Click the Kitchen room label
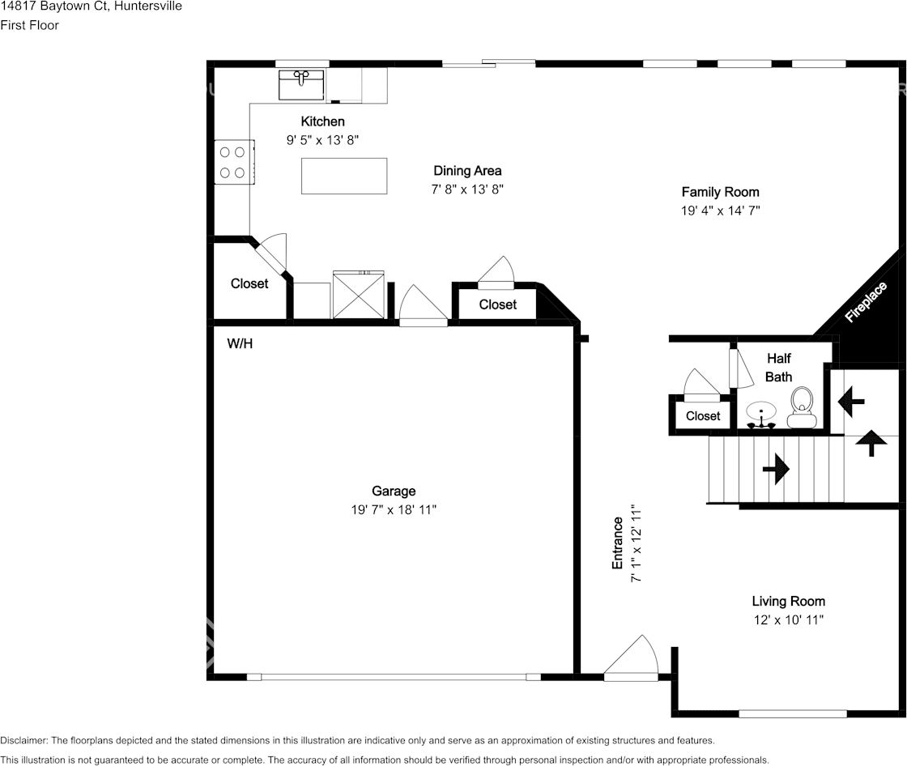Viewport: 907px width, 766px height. click(322, 121)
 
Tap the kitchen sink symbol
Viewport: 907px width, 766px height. click(301, 85)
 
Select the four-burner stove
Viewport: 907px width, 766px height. click(234, 162)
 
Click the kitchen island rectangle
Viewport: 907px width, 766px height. click(344, 176)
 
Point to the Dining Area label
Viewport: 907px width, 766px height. click(467, 171)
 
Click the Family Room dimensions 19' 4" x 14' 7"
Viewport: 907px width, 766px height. click(720, 211)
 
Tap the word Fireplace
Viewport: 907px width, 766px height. click(866, 302)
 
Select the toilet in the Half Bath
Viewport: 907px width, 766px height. click(801, 407)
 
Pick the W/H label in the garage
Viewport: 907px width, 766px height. click(240, 343)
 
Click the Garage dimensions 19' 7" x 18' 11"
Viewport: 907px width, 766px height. click(394, 509)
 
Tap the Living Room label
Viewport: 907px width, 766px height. click(789, 601)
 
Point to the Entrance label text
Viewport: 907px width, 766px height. click(617, 543)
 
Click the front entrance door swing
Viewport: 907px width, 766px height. click(632, 658)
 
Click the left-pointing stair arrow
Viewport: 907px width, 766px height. click(851, 401)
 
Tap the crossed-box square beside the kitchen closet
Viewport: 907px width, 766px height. click(359, 295)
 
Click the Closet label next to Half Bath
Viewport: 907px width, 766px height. click(703, 416)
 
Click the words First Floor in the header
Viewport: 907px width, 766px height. click(29, 25)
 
